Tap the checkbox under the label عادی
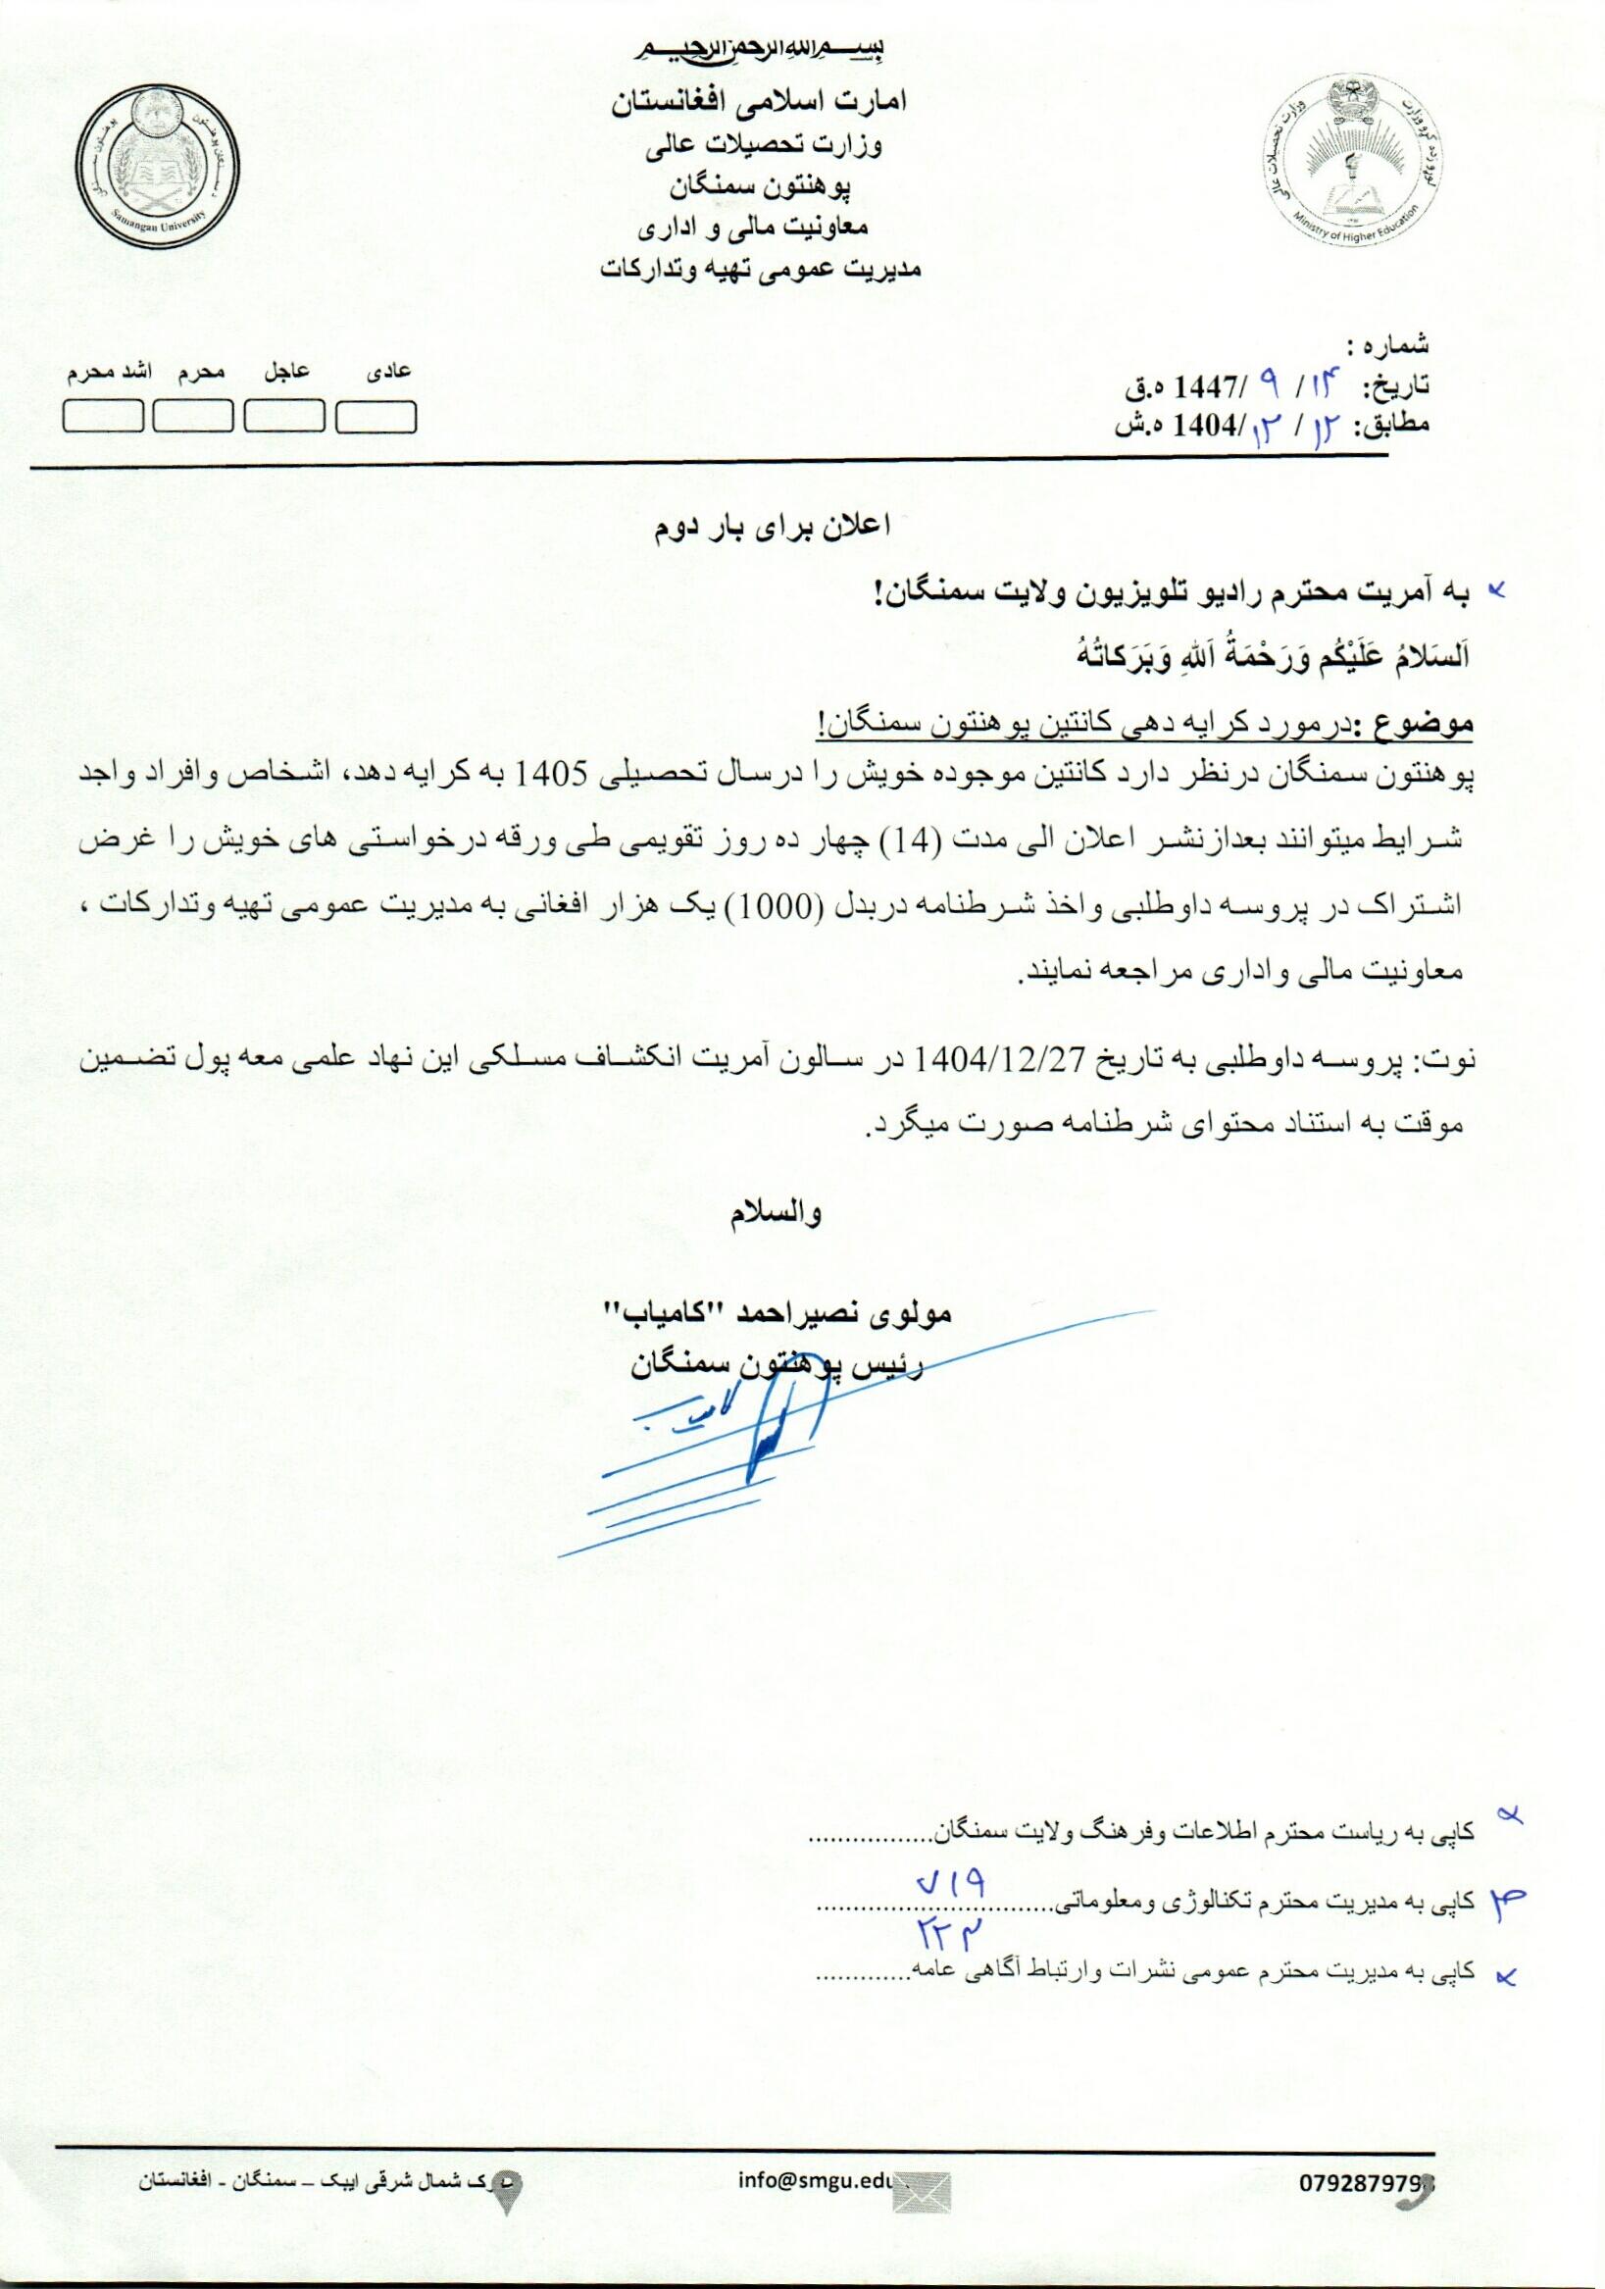click(x=376, y=416)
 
